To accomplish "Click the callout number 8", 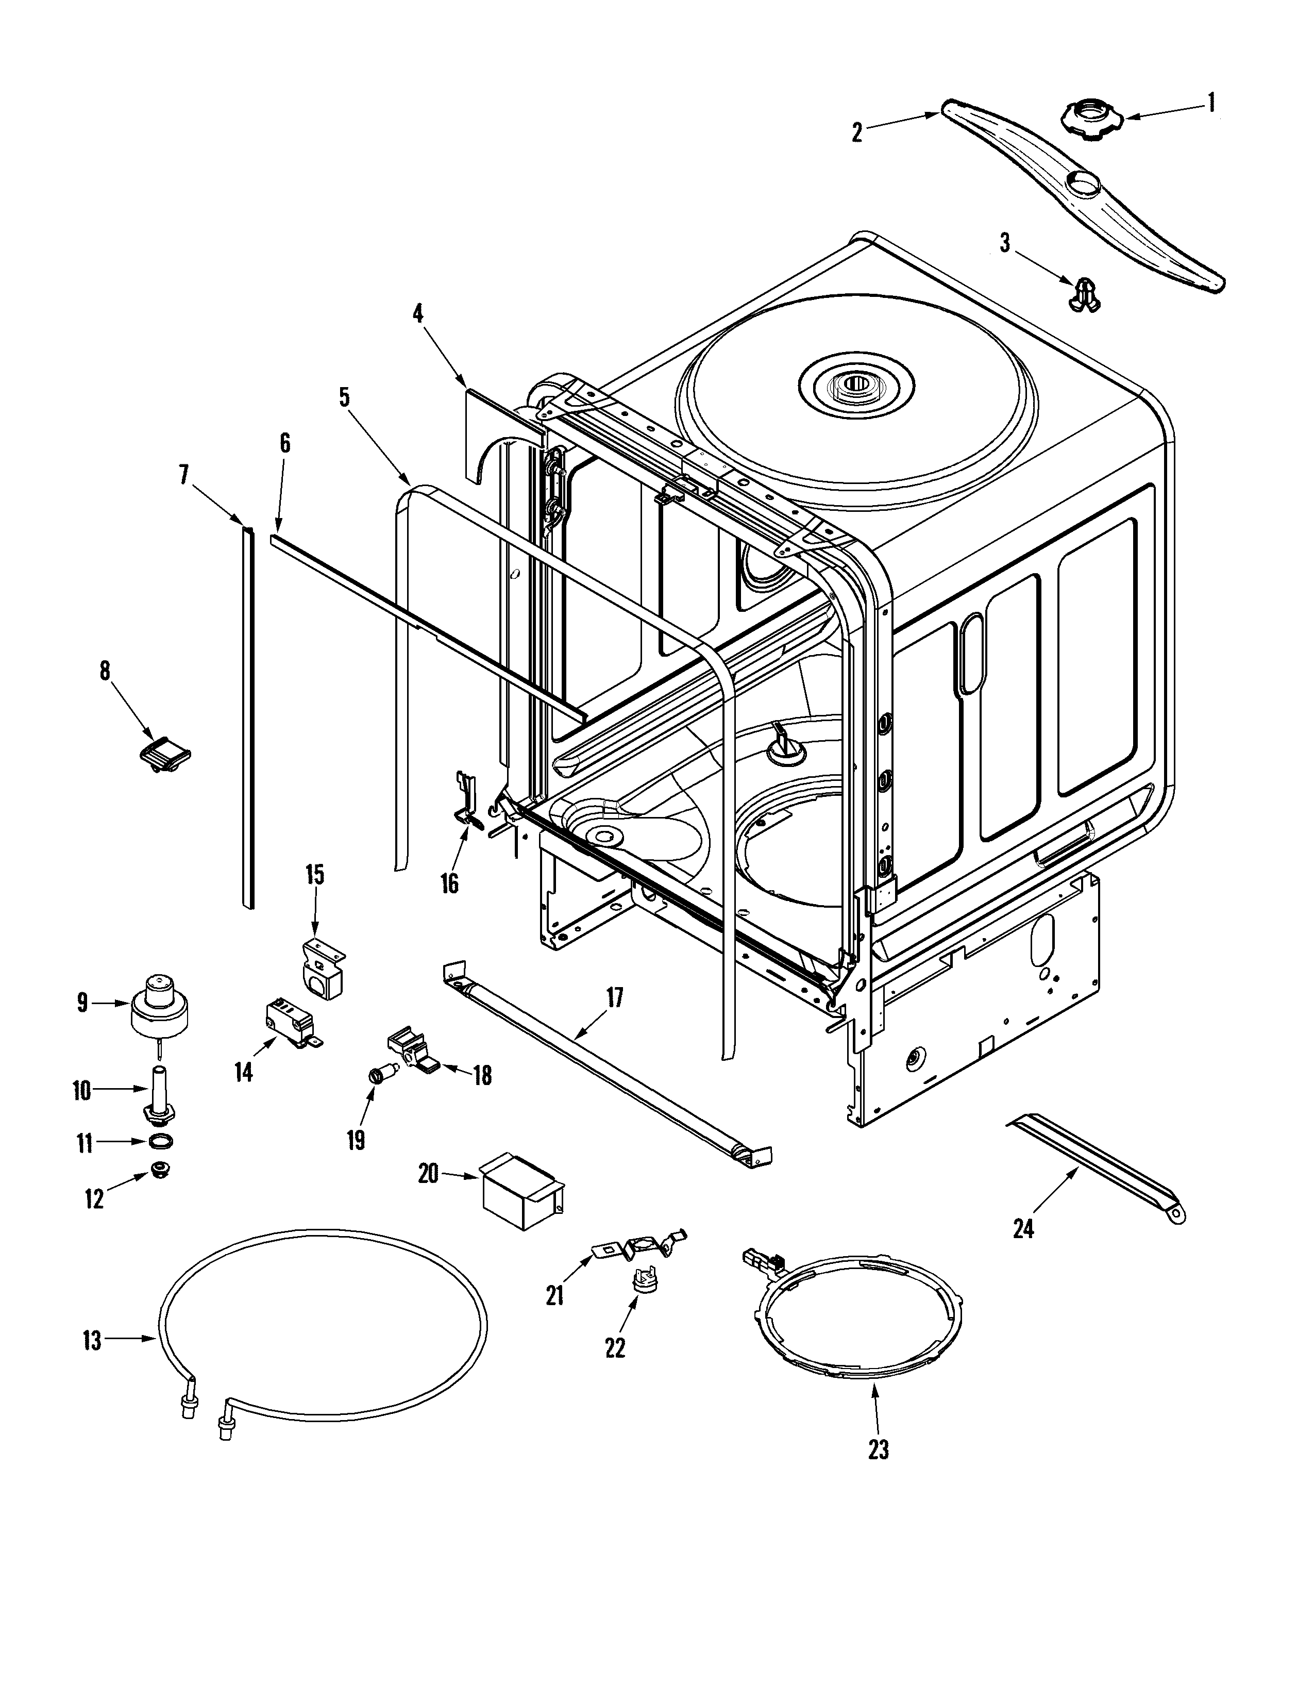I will click(105, 671).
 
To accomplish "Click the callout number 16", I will click(449, 883).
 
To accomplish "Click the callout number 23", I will click(878, 1449).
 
